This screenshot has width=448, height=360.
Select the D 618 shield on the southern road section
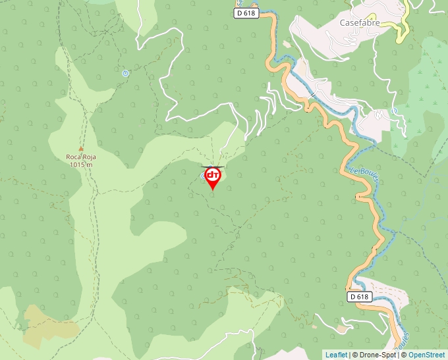pyautogui.click(x=359, y=297)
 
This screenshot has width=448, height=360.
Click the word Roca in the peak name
pyautogui.click(x=72, y=157)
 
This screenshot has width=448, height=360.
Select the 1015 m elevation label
pyautogui.click(x=80, y=165)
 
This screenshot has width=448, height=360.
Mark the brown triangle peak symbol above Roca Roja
pyautogui.click(x=81, y=149)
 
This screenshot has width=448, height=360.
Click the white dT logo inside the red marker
pyautogui.click(x=213, y=175)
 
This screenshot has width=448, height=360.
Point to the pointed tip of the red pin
pyautogui.click(x=213, y=190)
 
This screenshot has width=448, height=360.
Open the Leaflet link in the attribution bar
pyautogui.click(x=336, y=355)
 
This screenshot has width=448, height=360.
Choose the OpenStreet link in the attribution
pyautogui.click(x=428, y=355)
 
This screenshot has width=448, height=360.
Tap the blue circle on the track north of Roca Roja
pyautogui.click(x=125, y=73)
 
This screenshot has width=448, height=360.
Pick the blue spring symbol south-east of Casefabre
pyautogui.click(x=394, y=111)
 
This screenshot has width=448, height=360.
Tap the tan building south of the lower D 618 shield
pyautogui.click(x=341, y=328)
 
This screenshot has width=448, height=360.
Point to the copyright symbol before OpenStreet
pyautogui.click(x=404, y=355)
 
